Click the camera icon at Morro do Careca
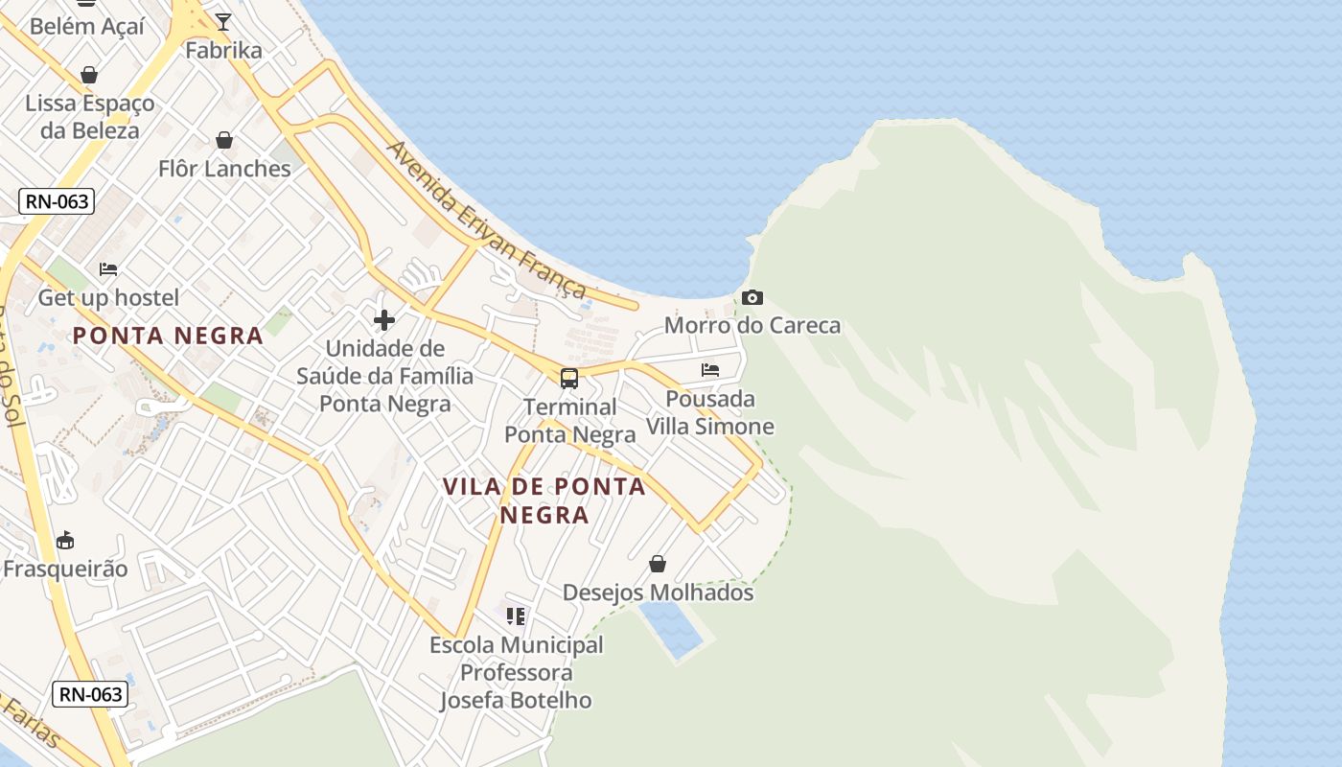point(752,298)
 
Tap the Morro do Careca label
point(752,325)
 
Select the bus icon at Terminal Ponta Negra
point(569,378)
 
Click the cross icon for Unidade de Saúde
point(384,320)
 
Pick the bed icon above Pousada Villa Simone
point(710,370)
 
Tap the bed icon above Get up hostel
point(108,269)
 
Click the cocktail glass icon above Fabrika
point(223,22)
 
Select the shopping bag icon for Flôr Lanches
point(224,141)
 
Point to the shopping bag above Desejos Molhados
point(658,564)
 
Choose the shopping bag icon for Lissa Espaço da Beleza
point(89,75)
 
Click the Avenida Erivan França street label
point(487,220)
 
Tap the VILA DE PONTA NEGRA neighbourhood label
point(544,500)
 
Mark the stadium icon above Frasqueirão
point(65,541)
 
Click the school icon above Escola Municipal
point(516,616)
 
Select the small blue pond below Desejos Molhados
point(671,629)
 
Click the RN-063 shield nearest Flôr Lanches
point(57,201)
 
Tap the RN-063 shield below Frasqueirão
point(90,694)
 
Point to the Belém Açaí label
point(87,26)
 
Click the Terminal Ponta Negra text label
point(570,421)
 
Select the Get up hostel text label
point(108,298)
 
